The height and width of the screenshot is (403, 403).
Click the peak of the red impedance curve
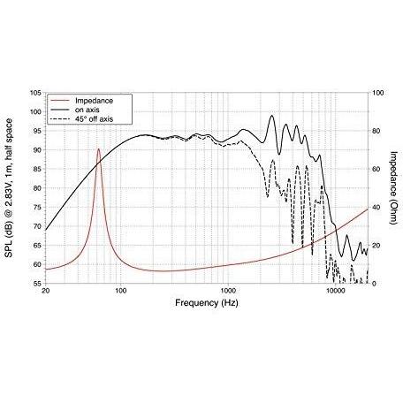[x=98, y=148]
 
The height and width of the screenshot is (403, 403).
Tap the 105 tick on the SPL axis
[x=35, y=93]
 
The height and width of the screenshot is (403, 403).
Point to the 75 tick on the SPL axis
[x=37, y=208]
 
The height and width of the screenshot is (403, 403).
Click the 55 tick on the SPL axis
[x=37, y=284]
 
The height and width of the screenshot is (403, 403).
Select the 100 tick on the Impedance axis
[x=378, y=93]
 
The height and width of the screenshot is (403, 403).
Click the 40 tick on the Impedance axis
[x=376, y=208]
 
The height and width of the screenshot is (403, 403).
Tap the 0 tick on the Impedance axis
[x=375, y=284]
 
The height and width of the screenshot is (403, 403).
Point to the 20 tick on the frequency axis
[x=45, y=291]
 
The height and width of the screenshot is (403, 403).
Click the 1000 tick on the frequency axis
[x=228, y=291]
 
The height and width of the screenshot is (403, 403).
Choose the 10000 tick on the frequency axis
[x=335, y=291]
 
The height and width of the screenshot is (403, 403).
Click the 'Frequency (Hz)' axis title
[x=207, y=303]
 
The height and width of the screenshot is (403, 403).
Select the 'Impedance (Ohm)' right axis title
[x=393, y=187]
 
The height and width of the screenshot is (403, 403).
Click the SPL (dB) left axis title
[x=9, y=188]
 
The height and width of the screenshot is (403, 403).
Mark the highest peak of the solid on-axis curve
[x=271, y=116]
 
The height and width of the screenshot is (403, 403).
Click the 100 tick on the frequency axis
[x=120, y=291]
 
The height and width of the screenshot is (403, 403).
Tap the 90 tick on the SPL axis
[x=37, y=150]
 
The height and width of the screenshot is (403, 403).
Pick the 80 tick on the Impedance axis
[x=376, y=131]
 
